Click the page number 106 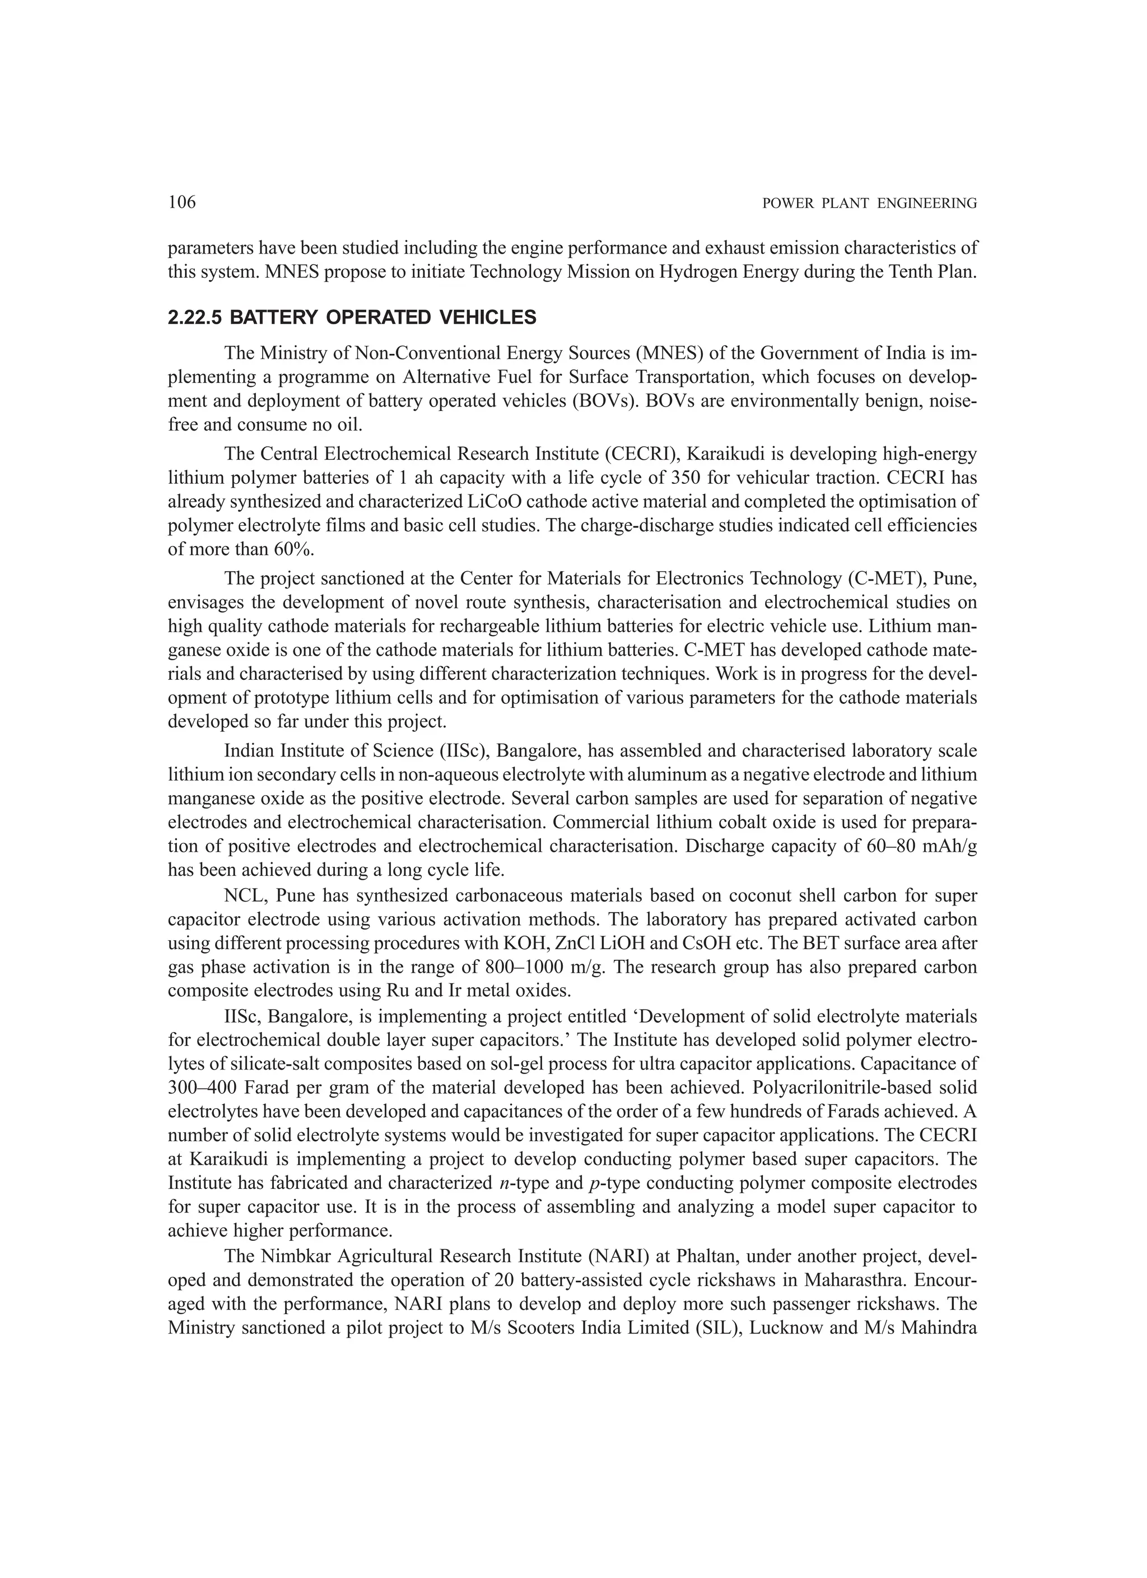click(x=183, y=203)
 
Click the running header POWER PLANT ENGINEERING click(x=869, y=204)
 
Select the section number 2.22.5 click(x=195, y=318)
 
